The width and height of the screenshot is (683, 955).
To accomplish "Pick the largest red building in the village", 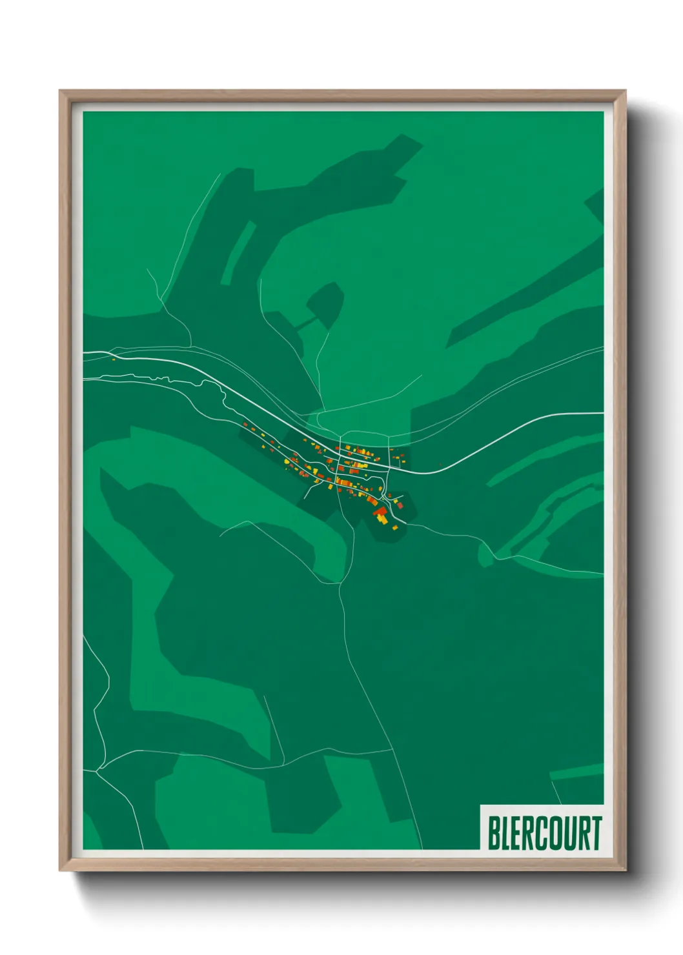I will pos(380,512).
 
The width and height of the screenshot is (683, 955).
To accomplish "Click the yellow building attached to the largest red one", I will pos(383,518).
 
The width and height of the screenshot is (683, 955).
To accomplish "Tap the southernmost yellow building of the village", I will pos(394,528).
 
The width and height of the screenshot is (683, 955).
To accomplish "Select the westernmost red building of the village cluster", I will pos(245,424).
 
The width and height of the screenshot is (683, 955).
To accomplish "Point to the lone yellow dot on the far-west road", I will pos(114,359).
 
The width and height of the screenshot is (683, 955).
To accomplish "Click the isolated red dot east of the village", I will pos(441,463).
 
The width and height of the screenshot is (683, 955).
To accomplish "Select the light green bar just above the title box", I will pos(576,771).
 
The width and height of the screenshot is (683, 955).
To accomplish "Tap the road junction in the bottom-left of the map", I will pos(98,769).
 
